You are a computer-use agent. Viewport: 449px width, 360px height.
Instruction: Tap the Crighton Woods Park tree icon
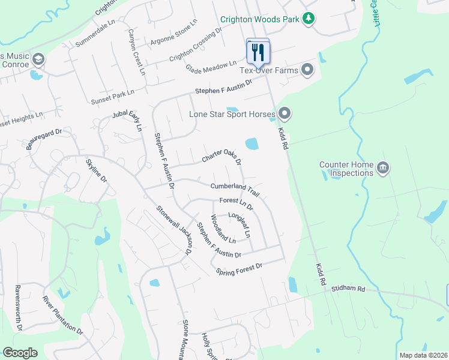[x=309, y=19]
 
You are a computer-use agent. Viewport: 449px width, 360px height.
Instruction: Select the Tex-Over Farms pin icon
[x=308, y=71]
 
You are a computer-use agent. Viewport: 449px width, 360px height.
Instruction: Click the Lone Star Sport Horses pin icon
[x=285, y=113]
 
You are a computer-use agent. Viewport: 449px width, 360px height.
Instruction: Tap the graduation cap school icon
[x=38, y=59]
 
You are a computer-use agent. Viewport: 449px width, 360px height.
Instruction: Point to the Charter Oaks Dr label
[x=221, y=157]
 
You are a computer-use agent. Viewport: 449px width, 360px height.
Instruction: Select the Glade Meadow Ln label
[x=215, y=63]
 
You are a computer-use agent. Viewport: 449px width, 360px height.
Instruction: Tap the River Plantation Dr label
[x=63, y=314]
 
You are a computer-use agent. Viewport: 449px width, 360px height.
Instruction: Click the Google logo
[x=20, y=353]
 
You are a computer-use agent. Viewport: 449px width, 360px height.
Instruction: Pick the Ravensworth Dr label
[x=18, y=308]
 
